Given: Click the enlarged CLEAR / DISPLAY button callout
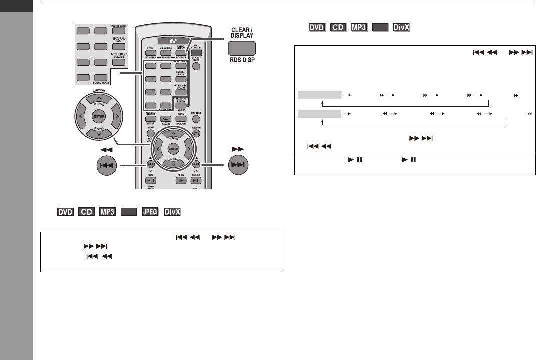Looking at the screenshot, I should (x=242, y=48).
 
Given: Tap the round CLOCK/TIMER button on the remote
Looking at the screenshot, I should (x=196, y=65).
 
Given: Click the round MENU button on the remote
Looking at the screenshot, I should (x=151, y=133).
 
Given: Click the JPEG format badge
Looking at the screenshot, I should (x=150, y=213).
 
